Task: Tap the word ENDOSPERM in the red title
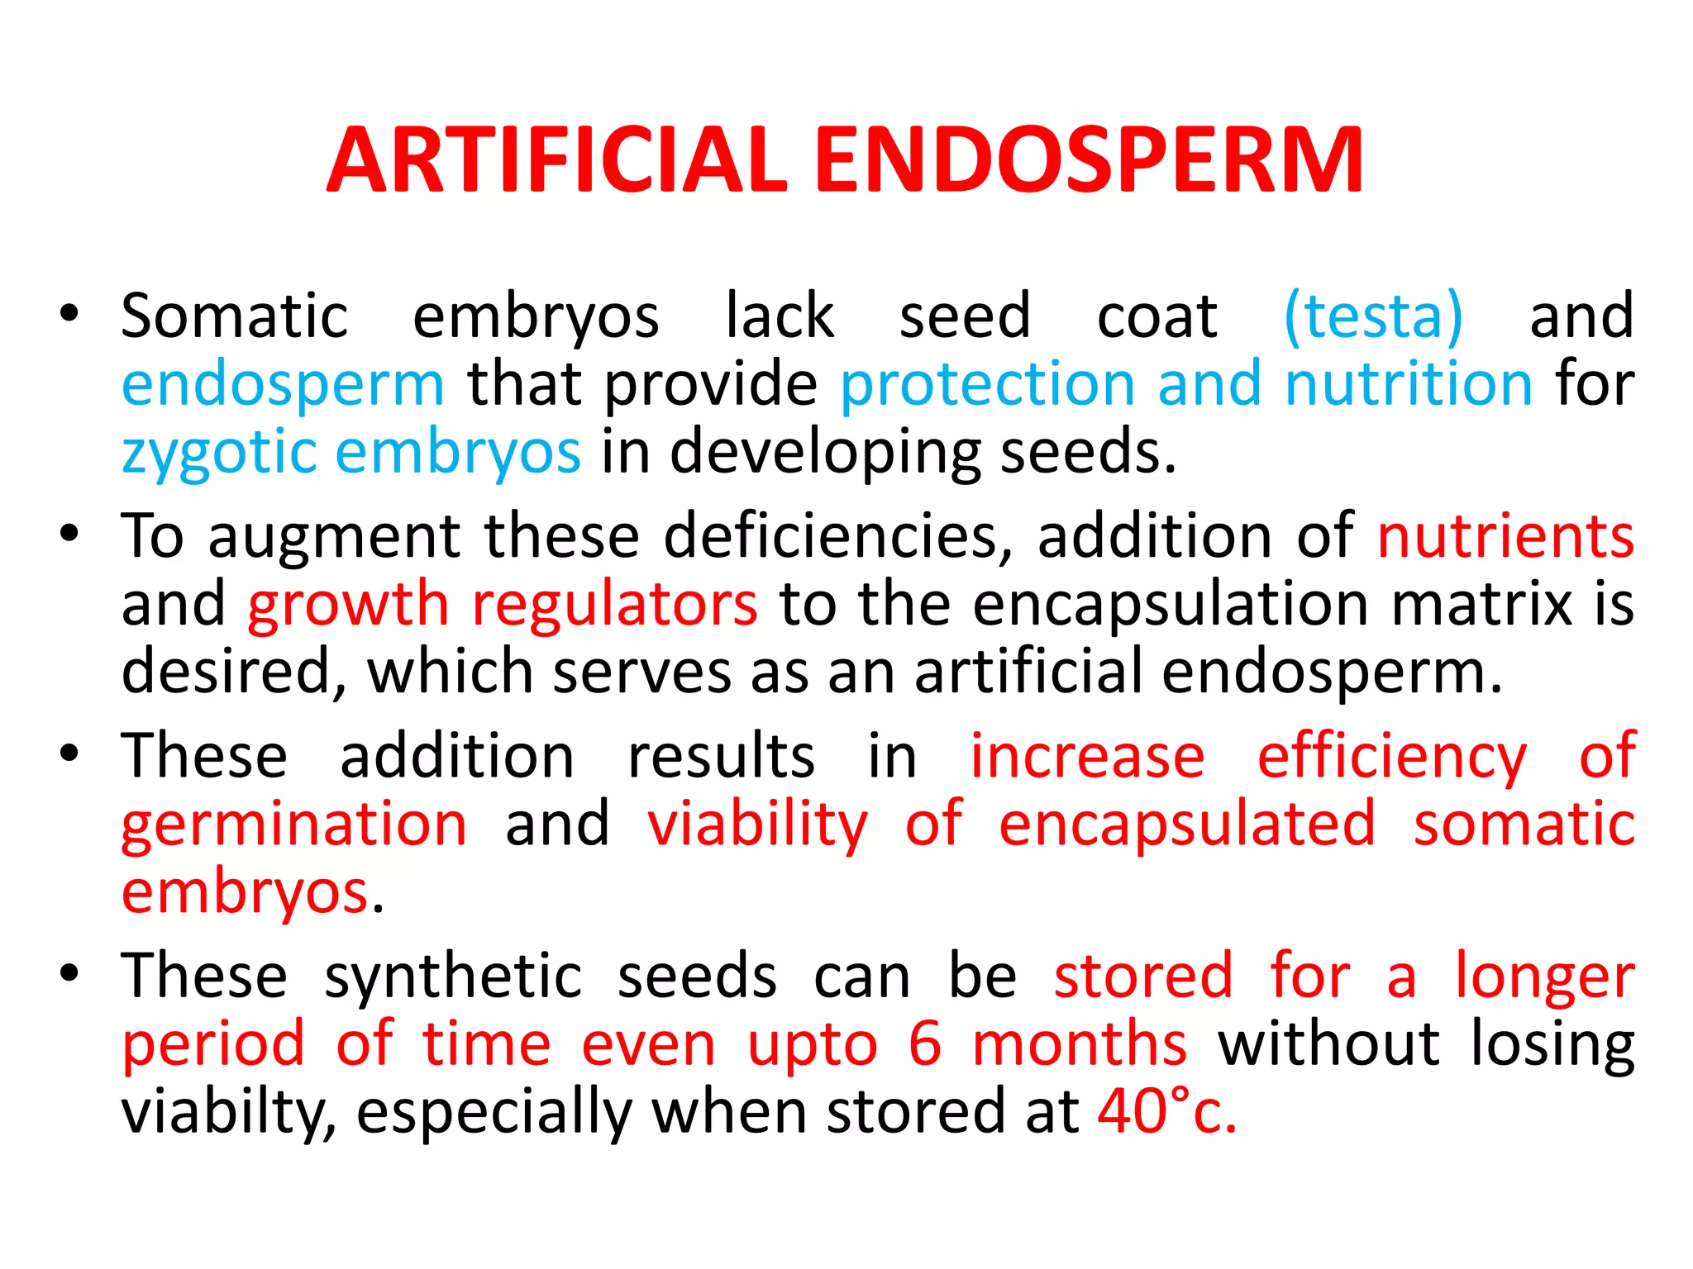(1089, 160)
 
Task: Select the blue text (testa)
(1373, 316)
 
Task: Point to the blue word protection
(987, 384)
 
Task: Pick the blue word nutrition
(1409, 384)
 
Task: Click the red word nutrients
(1505, 536)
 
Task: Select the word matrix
(1482, 604)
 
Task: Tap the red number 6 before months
(924, 1044)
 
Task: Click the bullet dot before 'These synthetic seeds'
(69, 973)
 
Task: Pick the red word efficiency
(1392, 758)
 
